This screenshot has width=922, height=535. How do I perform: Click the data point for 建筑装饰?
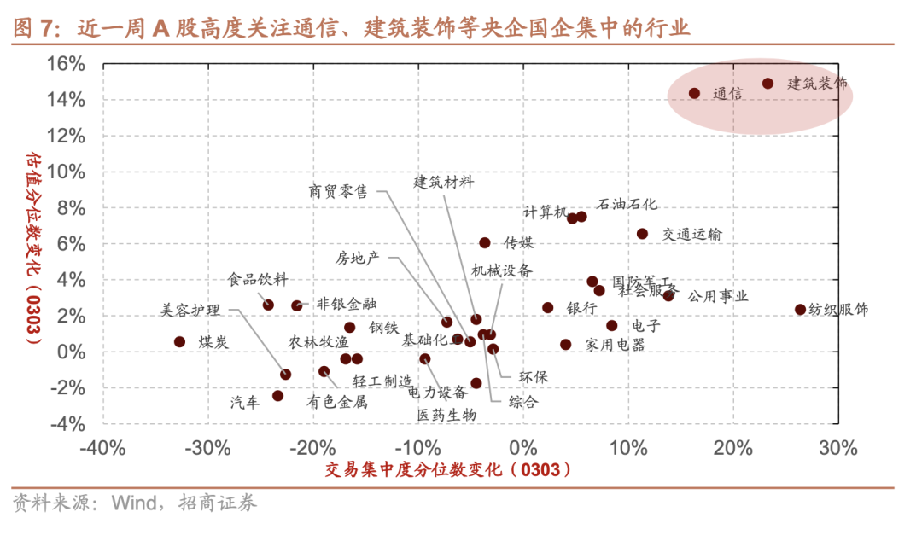(767, 84)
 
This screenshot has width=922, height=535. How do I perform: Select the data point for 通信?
(694, 93)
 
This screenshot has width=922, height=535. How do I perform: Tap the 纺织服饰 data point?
(800, 310)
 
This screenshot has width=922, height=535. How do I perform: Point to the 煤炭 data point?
(179, 341)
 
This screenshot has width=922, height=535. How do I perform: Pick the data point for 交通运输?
(642, 234)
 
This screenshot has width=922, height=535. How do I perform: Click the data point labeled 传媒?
(485, 243)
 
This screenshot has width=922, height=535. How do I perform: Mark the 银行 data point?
(547, 308)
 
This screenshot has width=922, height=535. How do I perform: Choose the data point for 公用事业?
(668, 296)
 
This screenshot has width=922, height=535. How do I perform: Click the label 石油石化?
(627, 205)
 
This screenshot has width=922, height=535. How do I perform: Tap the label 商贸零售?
(338, 192)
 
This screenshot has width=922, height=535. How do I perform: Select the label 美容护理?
(190, 310)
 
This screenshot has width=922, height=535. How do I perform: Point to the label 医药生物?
(446, 415)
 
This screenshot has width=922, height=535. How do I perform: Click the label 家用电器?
(616, 345)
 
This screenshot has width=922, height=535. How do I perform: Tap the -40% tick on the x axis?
(103, 447)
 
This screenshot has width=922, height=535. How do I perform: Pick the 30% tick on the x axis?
(837, 447)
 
